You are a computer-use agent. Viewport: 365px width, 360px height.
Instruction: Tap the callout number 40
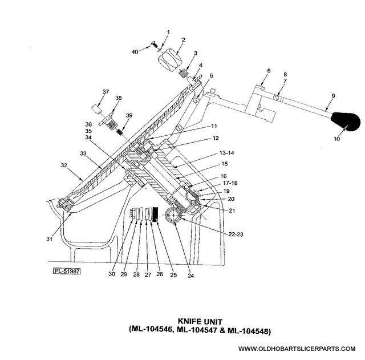135,52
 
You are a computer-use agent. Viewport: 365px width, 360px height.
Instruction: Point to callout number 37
106,92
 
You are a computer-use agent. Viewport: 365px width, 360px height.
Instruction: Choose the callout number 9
333,96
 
